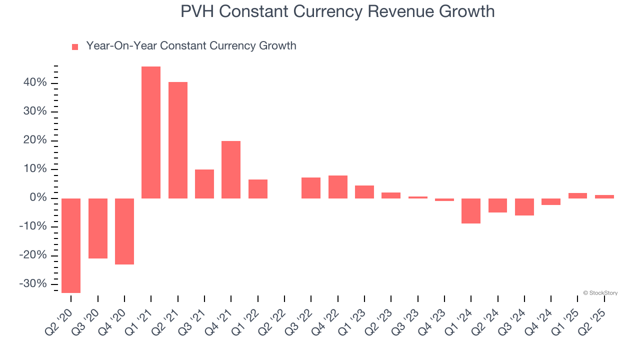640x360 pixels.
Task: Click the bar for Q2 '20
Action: [71, 245]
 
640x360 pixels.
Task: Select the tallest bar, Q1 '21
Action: [151, 132]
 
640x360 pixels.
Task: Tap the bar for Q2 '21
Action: [178, 140]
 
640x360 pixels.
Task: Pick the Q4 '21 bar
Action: [231, 169]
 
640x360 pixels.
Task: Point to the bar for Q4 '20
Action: [124, 231]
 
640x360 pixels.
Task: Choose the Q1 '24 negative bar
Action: [471, 210]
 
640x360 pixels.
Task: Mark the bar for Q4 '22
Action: [338, 187]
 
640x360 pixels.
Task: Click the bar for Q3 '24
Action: [524, 206]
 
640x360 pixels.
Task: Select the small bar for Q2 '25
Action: [604, 196]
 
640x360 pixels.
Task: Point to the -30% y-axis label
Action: [33, 284]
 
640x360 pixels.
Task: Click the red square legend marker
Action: [75, 47]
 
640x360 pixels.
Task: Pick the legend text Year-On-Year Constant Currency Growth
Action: [191, 46]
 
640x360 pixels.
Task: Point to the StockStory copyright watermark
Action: [600, 293]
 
